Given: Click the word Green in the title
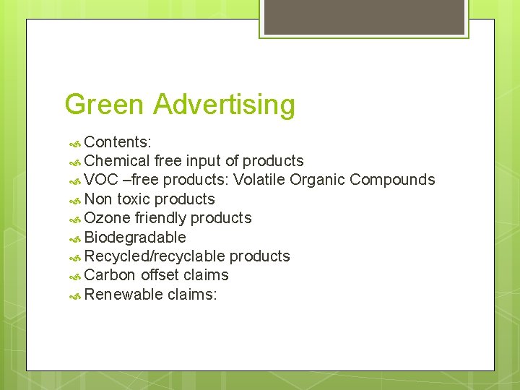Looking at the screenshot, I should (105, 105).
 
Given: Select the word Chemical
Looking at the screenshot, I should (117, 160).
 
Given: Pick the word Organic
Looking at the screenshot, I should (318, 180).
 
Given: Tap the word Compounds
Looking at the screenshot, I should (393, 180).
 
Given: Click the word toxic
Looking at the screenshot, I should (134, 199).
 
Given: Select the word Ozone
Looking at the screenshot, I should (107, 218).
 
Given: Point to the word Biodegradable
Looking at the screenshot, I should (135, 237).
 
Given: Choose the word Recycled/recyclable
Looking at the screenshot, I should (155, 256).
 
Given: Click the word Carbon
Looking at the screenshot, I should (110, 275).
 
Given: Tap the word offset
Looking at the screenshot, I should (160, 275).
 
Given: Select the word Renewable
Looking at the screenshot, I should (123, 294).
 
